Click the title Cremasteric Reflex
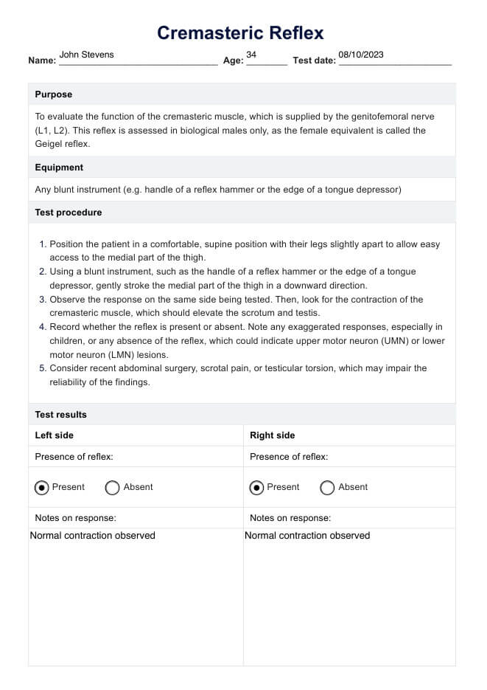[240, 32]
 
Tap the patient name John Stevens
[86, 55]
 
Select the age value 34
[251, 55]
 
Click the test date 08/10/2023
[361, 55]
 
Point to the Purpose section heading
[54, 94]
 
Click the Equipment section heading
[59, 168]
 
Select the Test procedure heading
[69, 213]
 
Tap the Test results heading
[60, 415]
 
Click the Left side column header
[55, 435]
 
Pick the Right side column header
[273, 435]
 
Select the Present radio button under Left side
[42, 488]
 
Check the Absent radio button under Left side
[113, 488]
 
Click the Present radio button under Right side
[257, 488]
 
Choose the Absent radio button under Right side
[328, 488]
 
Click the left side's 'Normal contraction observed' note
[93, 536]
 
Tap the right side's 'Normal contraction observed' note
[307, 536]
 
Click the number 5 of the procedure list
[42, 368]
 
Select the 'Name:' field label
[42, 61]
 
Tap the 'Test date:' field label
[314, 61]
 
